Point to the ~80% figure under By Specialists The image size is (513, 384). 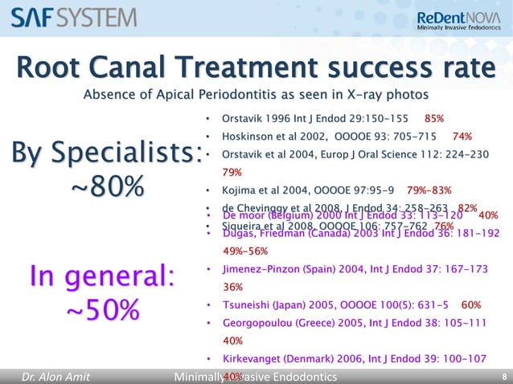tap(108, 190)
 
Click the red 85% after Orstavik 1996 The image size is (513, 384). tap(434, 118)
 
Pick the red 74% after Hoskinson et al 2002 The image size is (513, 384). tap(462, 136)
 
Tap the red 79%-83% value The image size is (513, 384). tap(429, 190)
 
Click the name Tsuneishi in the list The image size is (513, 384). tap(244, 305)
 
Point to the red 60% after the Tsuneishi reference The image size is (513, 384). tap(471, 305)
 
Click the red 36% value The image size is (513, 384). tap(232, 287)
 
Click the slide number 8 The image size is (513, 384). tap(503, 376)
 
